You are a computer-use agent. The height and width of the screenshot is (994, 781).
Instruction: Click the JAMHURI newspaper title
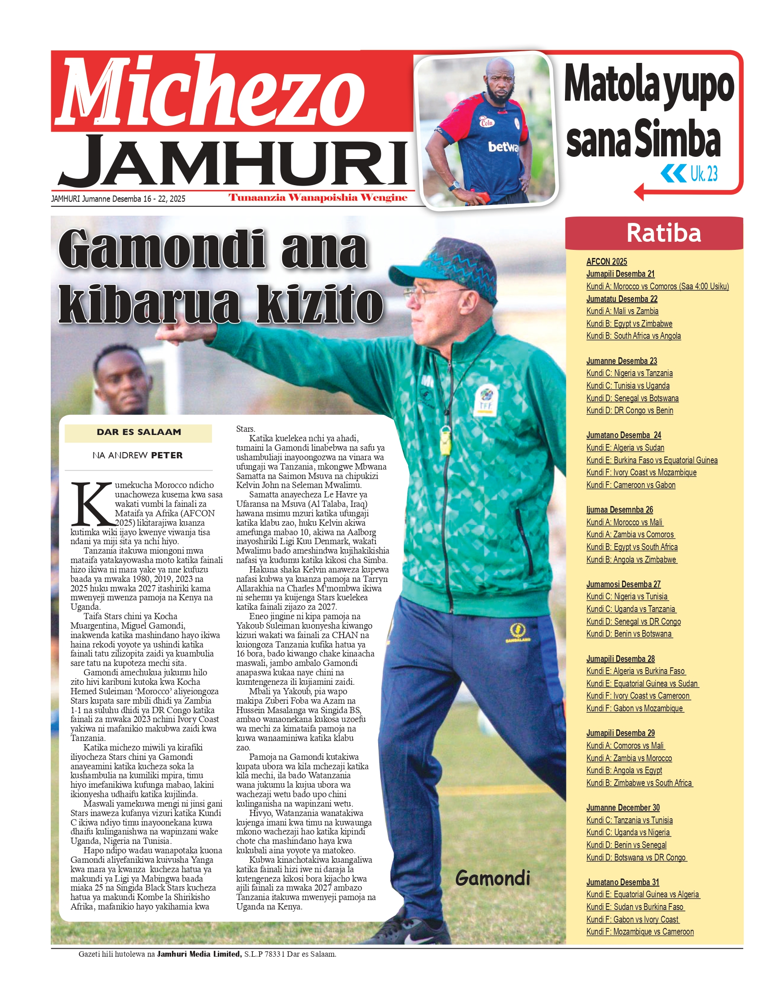(x=233, y=161)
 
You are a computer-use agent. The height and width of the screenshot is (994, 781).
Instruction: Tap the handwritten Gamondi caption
(x=493, y=878)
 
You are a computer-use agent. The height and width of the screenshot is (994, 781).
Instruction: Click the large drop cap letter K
(x=93, y=504)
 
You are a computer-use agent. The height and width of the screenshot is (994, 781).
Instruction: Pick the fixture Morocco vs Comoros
(x=657, y=286)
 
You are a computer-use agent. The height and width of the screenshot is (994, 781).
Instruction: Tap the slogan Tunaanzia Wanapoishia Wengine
(x=318, y=198)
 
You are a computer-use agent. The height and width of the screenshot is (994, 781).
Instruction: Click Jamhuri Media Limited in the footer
(x=199, y=954)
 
